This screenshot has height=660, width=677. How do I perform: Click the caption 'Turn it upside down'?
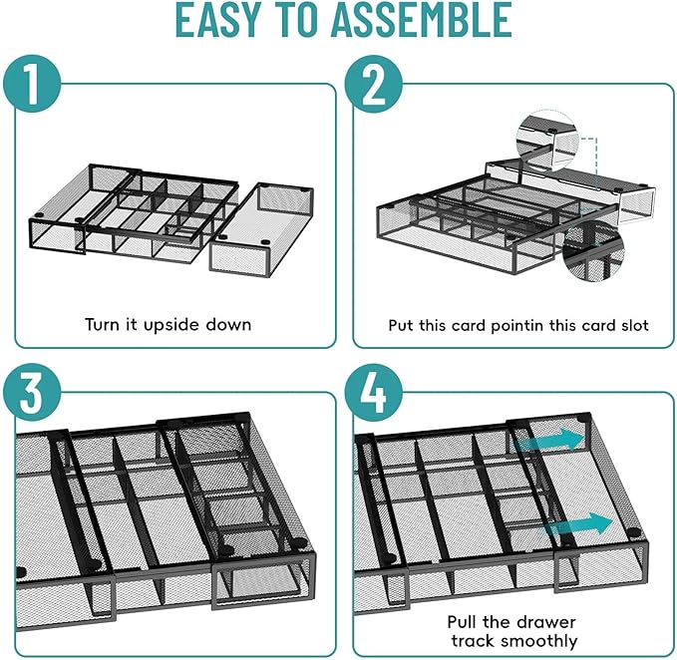[168, 324]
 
